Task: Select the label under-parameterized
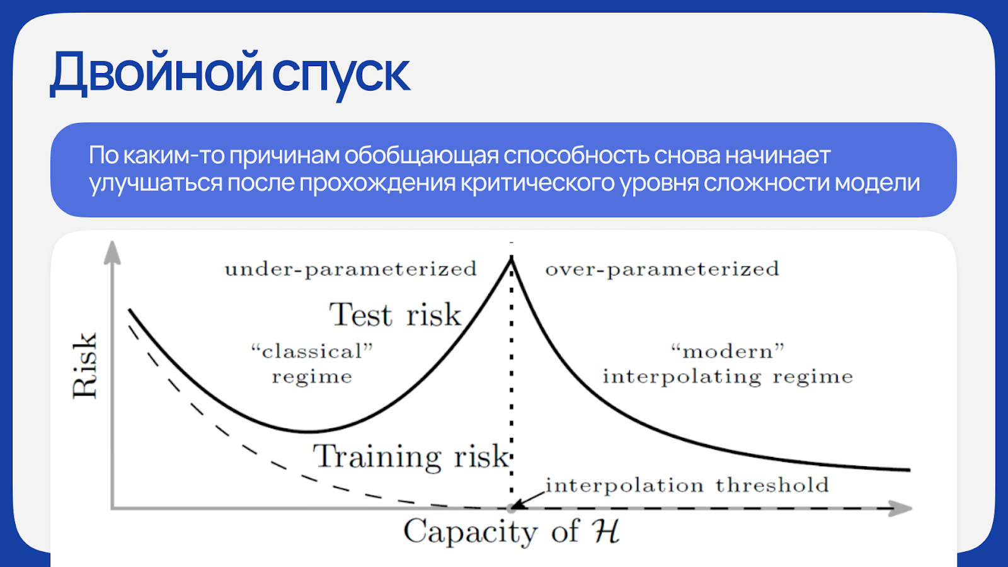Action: pyautogui.click(x=350, y=269)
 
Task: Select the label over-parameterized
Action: pyautogui.click(x=662, y=269)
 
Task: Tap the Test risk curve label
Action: pyautogui.click(x=396, y=314)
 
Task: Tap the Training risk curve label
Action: pyautogui.click(x=411, y=456)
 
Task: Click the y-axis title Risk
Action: pyautogui.click(x=84, y=365)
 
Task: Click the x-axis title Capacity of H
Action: pyautogui.click(x=511, y=531)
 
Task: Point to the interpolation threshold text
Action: pyautogui.click(x=687, y=485)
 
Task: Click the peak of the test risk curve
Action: pyautogui.click(x=511, y=258)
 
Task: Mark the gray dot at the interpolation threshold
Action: pyautogui.click(x=511, y=508)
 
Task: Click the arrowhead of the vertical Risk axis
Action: pyautogui.click(x=113, y=252)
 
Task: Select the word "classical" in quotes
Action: pyautogui.click(x=312, y=352)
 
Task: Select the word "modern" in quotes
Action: pyautogui.click(x=728, y=352)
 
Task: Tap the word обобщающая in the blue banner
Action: pyautogui.click(x=421, y=155)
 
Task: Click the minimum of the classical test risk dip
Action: pyautogui.click(x=308, y=432)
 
